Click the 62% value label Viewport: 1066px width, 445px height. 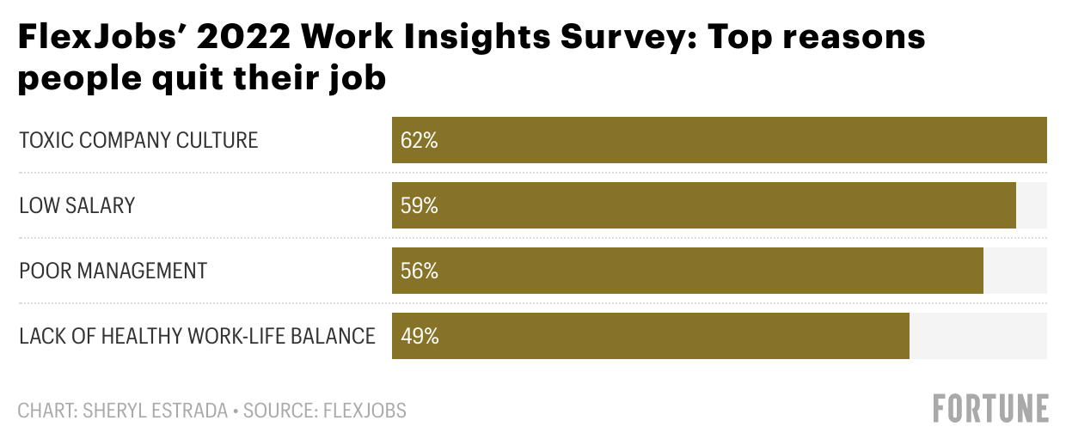click(420, 141)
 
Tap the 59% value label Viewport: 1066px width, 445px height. click(420, 206)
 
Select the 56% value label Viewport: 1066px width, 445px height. click(420, 271)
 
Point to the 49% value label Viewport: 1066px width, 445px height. click(420, 336)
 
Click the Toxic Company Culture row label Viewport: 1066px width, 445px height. click(138, 141)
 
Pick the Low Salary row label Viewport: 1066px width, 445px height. click(77, 206)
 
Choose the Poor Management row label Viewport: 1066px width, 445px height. click(113, 271)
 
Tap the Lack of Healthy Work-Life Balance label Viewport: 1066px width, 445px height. click(198, 336)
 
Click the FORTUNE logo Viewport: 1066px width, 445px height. click(991, 409)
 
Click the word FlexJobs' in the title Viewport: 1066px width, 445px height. click(93, 39)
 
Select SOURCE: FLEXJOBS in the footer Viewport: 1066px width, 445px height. click(325, 411)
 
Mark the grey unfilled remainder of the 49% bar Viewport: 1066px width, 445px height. click(978, 336)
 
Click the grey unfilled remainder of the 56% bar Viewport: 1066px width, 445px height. click(1015, 271)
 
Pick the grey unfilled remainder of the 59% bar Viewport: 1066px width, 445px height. click(1032, 206)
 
